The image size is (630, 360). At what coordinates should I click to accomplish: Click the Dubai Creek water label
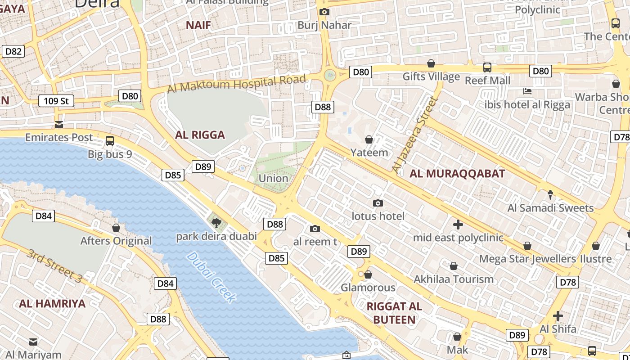pos(211,277)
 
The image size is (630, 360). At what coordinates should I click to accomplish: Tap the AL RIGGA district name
pos(200,135)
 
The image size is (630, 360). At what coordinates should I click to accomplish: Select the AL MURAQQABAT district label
pos(457,173)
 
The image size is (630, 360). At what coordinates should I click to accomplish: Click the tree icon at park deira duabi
pos(216,222)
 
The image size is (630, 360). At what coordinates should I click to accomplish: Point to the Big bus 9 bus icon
pos(110,141)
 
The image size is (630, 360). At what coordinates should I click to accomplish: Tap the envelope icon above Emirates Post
pos(58,125)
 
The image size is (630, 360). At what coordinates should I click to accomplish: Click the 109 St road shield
pos(56,101)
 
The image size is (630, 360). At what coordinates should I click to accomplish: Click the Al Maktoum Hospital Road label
pos(237,84)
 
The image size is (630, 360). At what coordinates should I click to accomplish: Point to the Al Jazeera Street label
pos(414,135)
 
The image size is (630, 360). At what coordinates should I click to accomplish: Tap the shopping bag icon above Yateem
pos(369,139)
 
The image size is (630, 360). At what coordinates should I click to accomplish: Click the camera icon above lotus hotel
pos(378,203)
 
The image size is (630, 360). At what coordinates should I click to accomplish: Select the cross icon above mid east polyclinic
pos(458,224)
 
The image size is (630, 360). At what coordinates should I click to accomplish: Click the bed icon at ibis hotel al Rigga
pos(527,91)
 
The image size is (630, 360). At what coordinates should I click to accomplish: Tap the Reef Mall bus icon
pos(487,67)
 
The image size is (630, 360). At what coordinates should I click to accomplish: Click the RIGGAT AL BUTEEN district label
pos(394,313)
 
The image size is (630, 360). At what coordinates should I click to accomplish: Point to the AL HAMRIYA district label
pos(52,303)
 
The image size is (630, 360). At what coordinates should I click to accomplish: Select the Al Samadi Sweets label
pos(550,208)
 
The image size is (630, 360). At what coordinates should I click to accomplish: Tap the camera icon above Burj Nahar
pos(324,12)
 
